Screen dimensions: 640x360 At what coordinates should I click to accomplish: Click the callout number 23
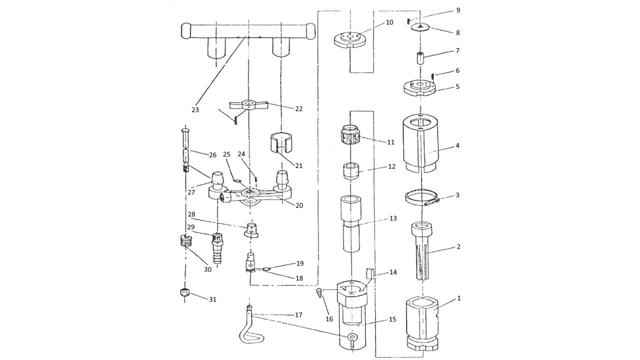195,110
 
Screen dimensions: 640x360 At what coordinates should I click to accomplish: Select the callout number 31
212,299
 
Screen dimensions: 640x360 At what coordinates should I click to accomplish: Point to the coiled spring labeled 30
185,241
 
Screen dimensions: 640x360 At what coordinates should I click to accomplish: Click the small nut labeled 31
185,293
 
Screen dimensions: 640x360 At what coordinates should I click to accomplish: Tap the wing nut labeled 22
249,105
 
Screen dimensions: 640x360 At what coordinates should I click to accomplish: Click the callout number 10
389,22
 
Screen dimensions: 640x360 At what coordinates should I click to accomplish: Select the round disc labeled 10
350,39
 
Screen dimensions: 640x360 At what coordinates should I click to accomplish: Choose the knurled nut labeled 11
350,135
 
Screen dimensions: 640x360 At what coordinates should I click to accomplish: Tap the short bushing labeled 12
351,171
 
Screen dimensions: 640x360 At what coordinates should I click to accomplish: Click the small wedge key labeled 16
319,293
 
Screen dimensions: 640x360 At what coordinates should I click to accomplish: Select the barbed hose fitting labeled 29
217,248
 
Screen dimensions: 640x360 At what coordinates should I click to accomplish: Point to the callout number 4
457,145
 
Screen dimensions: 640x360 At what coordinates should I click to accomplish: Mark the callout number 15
392,319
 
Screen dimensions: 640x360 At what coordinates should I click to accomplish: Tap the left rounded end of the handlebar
186,31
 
